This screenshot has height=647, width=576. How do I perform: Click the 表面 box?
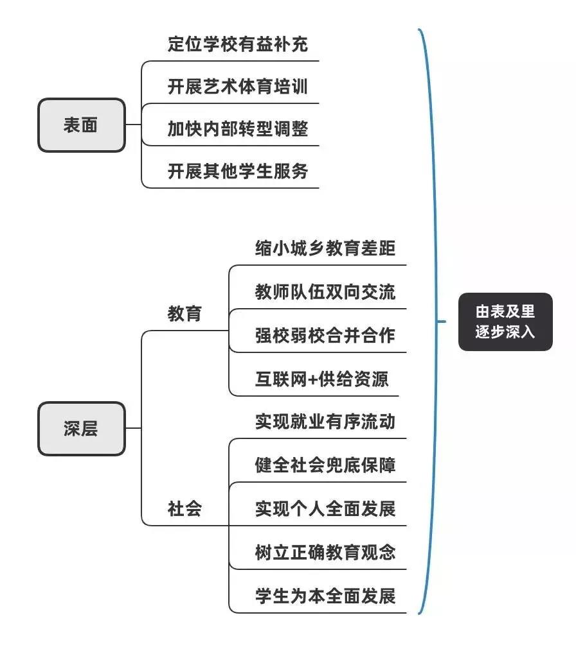[81, 125]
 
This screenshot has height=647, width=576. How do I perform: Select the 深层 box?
[81, 429]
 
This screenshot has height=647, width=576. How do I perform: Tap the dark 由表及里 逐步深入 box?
[505, 322]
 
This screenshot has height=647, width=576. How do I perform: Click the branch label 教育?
[184, 314]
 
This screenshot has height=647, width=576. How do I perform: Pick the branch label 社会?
[184, 509]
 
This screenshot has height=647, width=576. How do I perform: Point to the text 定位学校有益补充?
[238, 44]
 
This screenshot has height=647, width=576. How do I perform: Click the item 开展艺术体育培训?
[238, 87]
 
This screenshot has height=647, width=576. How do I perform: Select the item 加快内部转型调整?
[238, 129]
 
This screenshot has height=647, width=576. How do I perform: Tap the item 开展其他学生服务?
[238, 171]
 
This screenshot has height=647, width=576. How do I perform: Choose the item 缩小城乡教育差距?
[325, 248]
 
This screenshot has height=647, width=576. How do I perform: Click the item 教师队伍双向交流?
[325, 292]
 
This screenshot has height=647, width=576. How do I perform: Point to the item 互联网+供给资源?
[321, 379]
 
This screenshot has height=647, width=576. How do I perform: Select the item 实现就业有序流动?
[325, 422]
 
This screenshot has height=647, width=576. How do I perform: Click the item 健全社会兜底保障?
[325, 465]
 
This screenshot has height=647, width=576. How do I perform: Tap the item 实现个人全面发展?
[325, 509]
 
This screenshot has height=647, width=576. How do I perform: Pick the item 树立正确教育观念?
[325, 552]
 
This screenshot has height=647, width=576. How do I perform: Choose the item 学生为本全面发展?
[325, 596]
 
